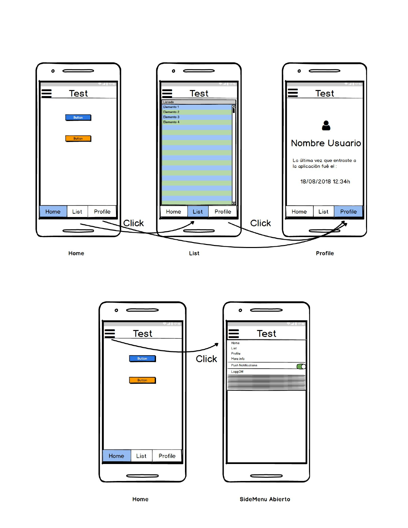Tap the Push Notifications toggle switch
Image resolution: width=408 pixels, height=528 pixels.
pos(301,366)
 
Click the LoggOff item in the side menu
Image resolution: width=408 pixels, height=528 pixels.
pos(237,372)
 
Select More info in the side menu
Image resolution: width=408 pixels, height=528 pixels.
pos(238,359)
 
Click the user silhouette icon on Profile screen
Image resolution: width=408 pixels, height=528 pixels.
pos(326,126)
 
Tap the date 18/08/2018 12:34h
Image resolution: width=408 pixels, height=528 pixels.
pos(325,182)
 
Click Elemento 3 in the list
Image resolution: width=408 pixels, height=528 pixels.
pos(171,117)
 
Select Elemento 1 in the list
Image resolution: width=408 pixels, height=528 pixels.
pos(171,107)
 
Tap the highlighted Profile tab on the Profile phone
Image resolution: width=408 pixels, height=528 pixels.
pos(348,212)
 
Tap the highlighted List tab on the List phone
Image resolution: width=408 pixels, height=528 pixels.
pos(198,212)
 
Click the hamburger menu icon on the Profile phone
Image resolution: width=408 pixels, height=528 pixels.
pos(293,93)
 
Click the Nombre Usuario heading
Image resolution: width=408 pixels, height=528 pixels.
pos(326,143)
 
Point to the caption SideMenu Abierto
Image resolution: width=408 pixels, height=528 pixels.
pos(265,499)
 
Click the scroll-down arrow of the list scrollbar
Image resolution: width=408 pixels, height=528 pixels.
pos(234,203)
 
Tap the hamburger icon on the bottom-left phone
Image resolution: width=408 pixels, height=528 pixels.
pos(110,333)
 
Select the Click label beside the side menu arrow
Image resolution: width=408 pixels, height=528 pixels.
pos(206,359)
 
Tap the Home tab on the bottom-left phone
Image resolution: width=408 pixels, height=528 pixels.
pos(116,456)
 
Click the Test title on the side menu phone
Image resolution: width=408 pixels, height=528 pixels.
pos(266,334)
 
